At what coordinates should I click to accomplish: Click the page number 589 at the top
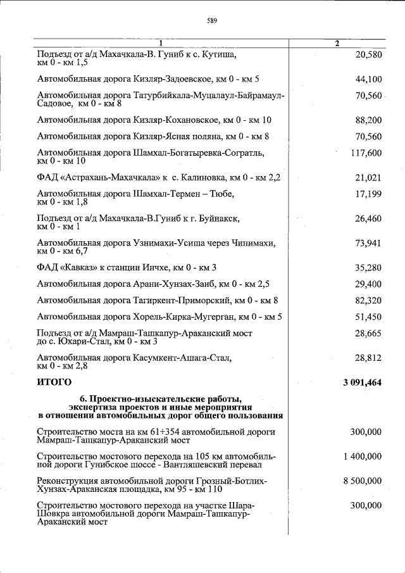click(212, 21)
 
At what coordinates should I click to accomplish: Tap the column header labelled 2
click(337, 43)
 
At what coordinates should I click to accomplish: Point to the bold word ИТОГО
click(54, 382)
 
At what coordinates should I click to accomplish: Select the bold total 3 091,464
click(362, 382)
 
